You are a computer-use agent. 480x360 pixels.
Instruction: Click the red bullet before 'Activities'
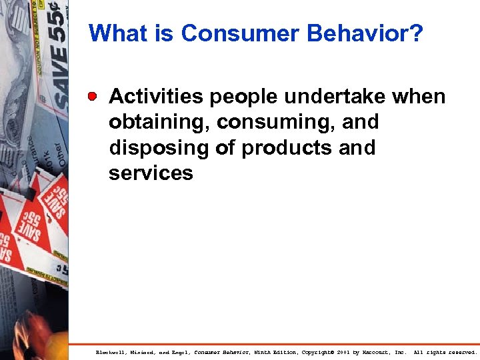[96, 97]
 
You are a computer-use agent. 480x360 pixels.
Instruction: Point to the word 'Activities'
[157, 97]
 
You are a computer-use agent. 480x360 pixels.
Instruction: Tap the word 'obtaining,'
[160, 123]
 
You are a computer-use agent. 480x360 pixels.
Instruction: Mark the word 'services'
[151, 173]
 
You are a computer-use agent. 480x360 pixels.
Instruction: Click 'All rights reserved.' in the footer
[445, 352]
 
